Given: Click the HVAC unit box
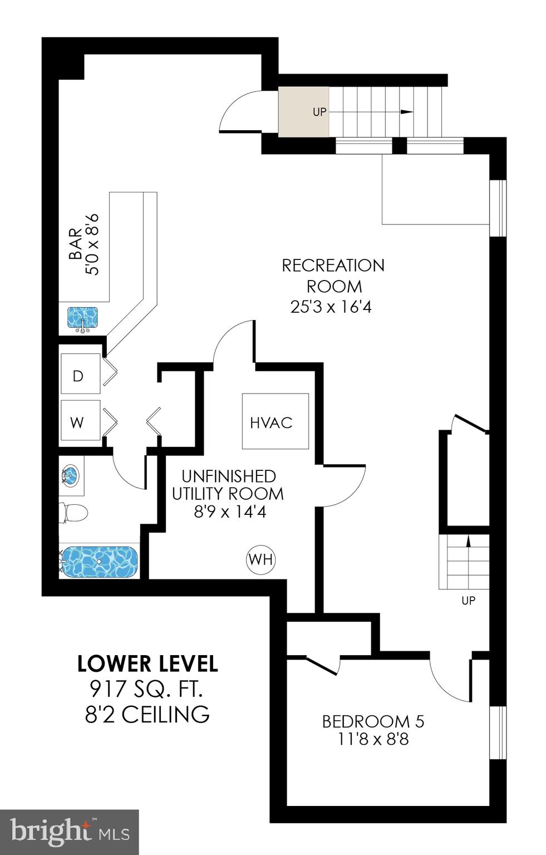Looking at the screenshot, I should [275, 421].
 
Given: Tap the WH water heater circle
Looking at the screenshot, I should [260, 559].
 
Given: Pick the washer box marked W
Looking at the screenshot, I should [80, 421].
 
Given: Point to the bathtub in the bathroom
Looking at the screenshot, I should [99, 562].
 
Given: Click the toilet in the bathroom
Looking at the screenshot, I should [74, 512].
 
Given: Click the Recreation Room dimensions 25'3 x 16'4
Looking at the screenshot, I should [331, 307].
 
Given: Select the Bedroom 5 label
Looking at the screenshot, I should [373, 721].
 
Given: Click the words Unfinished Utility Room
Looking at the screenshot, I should [228, 485].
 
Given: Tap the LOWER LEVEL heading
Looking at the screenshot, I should [147, 664].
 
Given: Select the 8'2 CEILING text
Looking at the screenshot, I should [147, 714].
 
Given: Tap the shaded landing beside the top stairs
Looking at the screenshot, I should [303, 111].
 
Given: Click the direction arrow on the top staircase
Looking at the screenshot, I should [406, 112].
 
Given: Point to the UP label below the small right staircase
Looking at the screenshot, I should [468, 601].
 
